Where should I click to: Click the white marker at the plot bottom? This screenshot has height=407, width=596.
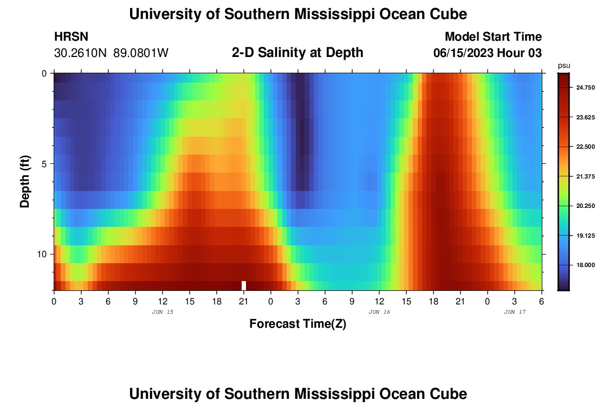click(x=244, y=285)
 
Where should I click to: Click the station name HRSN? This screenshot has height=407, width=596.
click(x=71, y=37)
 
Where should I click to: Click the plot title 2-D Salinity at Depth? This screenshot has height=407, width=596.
click(x=297, y=53)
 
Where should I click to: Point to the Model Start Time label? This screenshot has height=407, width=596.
click(x=493, y=37)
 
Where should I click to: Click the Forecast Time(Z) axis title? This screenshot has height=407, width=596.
click(x=297, y=324)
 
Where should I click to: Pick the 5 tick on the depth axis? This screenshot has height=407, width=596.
click(x=47, y=164)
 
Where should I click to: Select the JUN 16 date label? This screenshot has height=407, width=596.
click(x=379, y=312)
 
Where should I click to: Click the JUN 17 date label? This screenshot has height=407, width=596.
click(x=515, y=312)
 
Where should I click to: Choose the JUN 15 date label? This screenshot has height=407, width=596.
click(x=163, y=312)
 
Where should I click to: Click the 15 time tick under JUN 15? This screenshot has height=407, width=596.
click(x=190, y=301)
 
